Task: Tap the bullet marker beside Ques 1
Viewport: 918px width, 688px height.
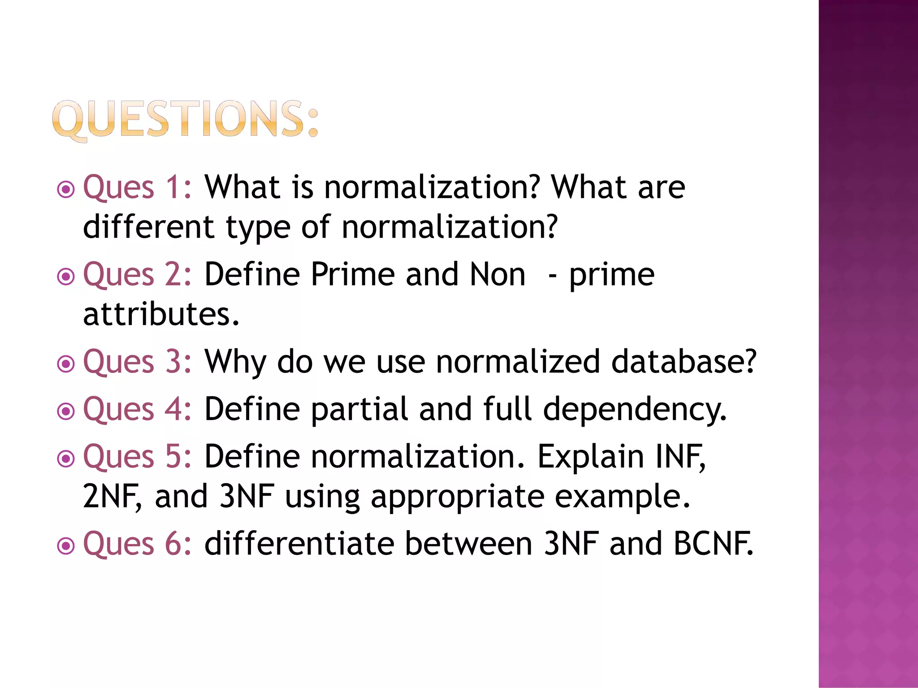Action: [66, 189]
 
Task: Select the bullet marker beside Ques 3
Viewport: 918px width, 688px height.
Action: [66, 363]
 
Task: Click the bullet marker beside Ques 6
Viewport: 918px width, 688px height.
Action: [66, 545]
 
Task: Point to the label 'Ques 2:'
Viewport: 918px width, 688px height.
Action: [137, 274]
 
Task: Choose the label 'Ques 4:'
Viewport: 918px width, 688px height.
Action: [137, 409]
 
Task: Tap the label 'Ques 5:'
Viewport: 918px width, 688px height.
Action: [137, 457]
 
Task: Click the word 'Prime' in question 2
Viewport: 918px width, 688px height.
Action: [353, 274]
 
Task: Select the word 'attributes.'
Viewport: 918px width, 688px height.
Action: [161, 314]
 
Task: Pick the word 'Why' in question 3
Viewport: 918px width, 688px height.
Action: [235, 362]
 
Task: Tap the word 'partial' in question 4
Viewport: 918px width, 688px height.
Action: [359, 409]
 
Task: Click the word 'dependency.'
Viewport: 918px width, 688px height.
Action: [635, 410]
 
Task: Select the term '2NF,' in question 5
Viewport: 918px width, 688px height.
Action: [113, 497]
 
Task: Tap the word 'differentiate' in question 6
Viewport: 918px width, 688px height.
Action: [299, 544]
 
